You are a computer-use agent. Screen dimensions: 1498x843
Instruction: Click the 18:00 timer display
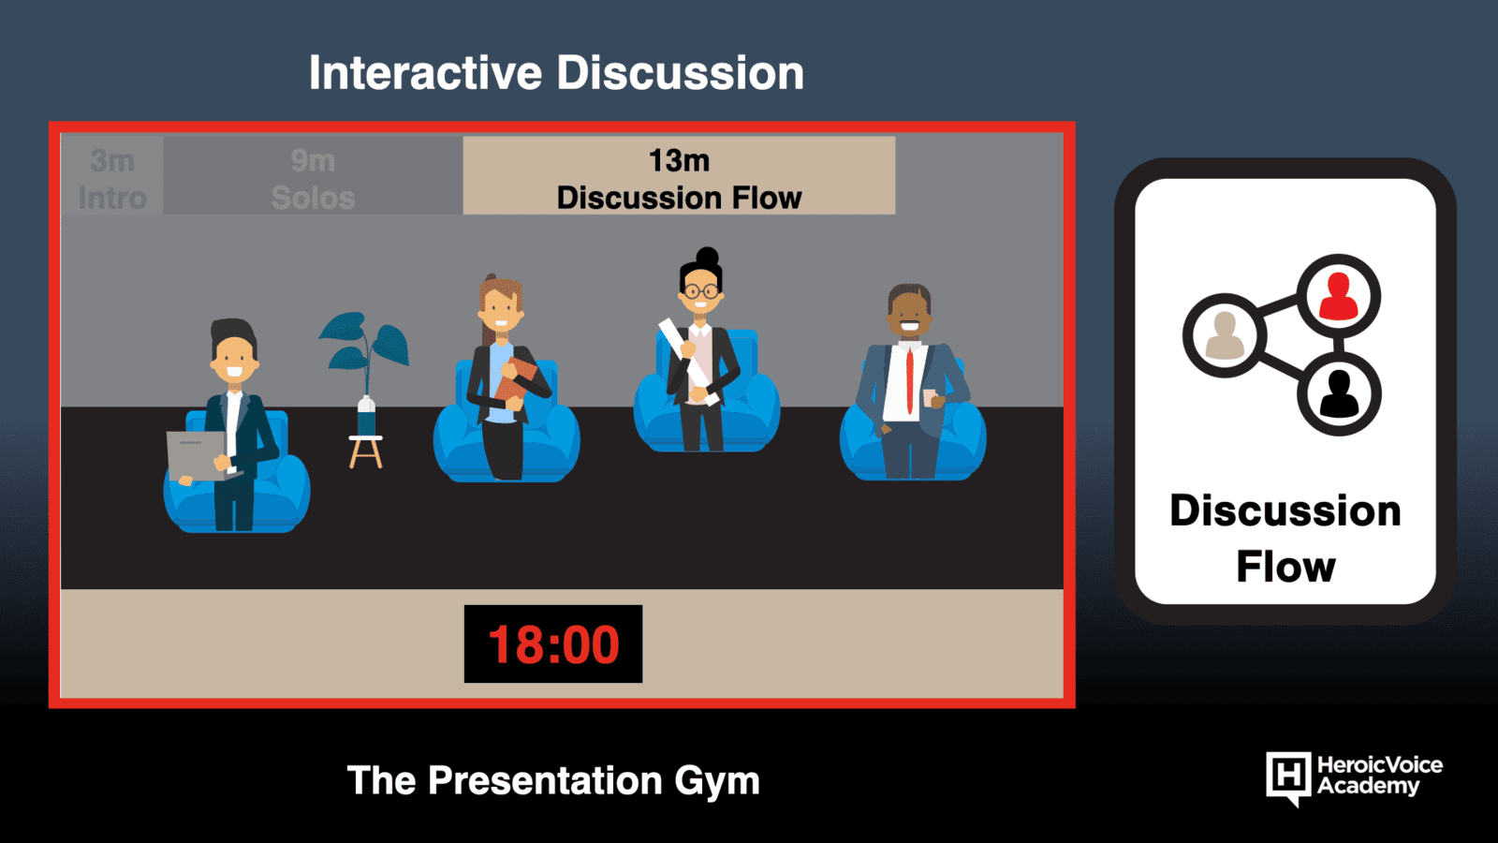(x=553, y=643)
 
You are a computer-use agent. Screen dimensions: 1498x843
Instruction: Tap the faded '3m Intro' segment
(x=111, y=176)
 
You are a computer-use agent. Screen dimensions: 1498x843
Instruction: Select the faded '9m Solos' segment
(x=313, y=176)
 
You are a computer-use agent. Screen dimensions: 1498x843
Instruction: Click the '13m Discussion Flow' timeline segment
(x=679, y=176)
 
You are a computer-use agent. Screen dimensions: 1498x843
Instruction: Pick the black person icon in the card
(x=1340, y=394)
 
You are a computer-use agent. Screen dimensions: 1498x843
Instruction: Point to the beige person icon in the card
(x=1225, y=335)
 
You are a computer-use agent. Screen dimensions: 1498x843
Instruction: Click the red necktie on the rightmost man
(x=909, y=381)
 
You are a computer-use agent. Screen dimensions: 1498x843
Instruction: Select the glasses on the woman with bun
(x=701, y=291)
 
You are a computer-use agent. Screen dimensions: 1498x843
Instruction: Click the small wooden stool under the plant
(x=366, y=451)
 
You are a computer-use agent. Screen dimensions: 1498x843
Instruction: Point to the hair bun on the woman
(x=707, y=257)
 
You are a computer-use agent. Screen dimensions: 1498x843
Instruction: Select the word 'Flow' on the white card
(x=1285, y=567)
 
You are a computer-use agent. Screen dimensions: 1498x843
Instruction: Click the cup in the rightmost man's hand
(x=931, y=397)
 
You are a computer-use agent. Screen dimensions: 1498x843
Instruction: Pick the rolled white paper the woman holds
(x=689, y=362)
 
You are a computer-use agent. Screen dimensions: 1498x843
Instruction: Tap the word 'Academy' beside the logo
(x=1368, y=787)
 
